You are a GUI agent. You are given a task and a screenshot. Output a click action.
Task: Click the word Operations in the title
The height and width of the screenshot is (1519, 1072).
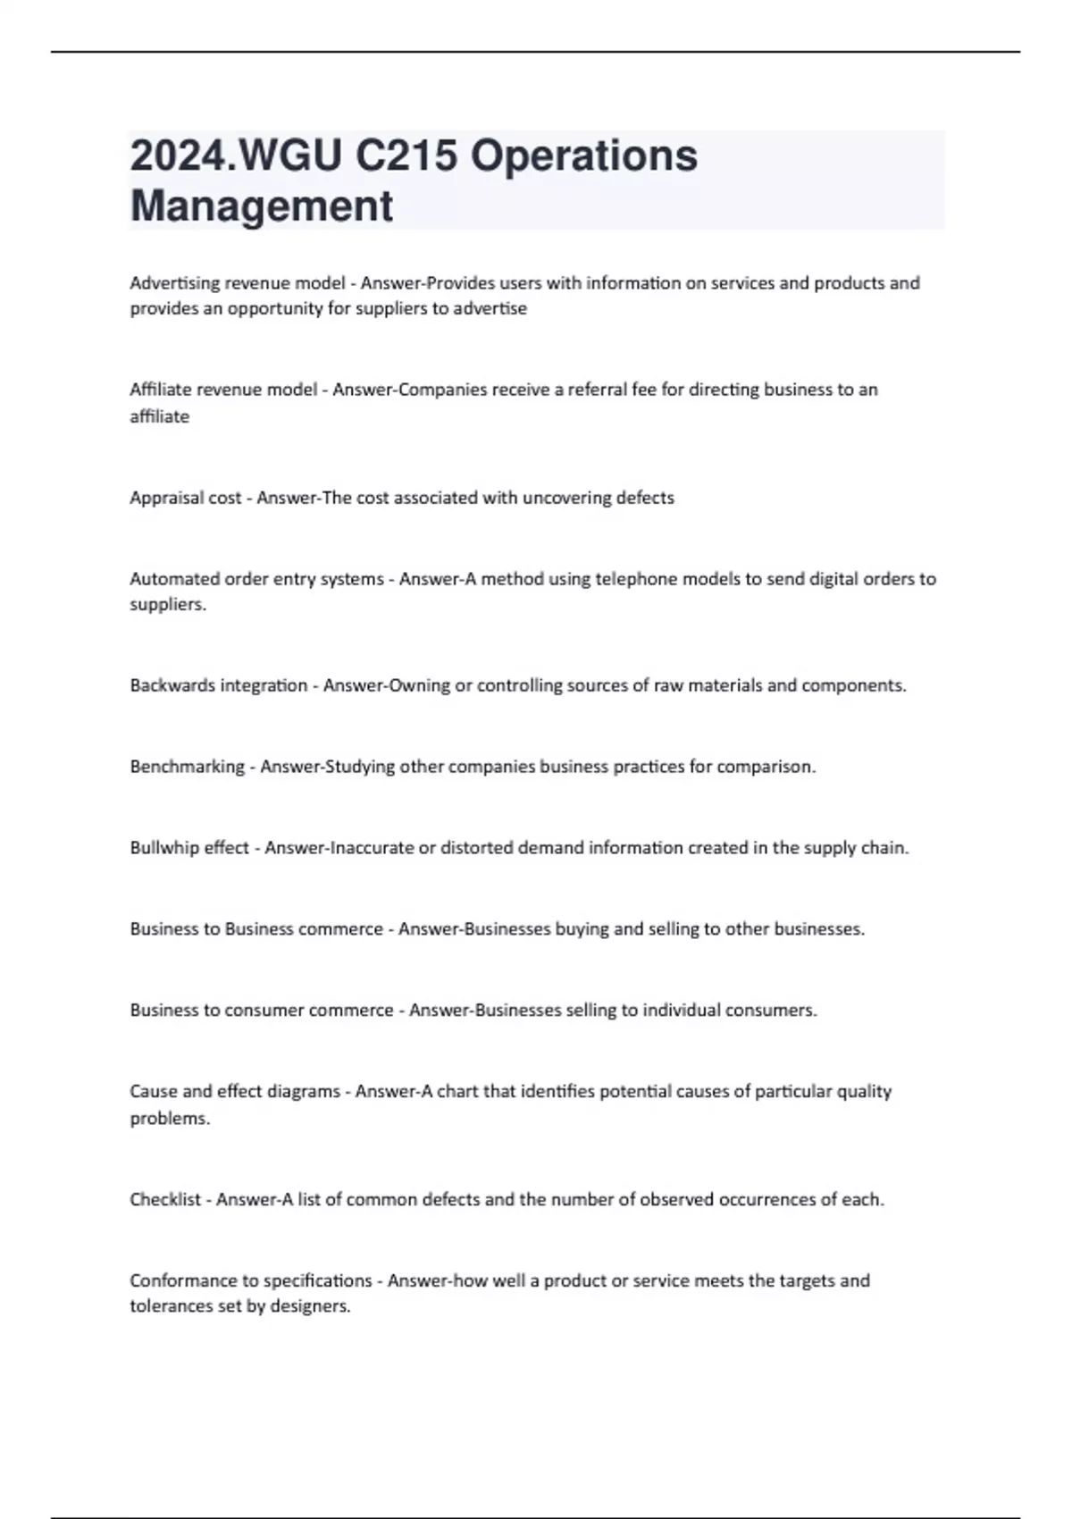click(583, 156)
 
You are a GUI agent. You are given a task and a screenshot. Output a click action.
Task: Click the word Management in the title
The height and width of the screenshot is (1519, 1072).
click(261, 206)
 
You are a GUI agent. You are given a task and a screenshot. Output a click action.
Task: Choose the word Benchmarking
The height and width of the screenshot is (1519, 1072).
click(187, 767)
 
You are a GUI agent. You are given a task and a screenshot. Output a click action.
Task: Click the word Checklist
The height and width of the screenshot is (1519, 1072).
click(165, 1199)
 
